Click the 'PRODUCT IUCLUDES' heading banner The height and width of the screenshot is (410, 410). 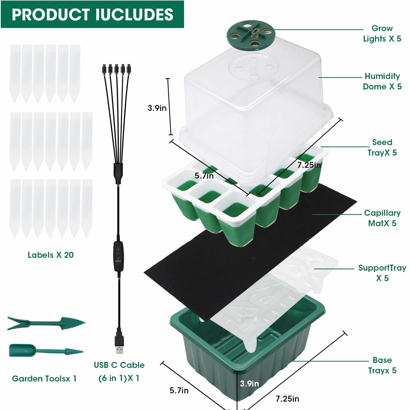click(x=92, y=14)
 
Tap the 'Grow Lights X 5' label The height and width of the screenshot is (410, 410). click(x=382, y=33)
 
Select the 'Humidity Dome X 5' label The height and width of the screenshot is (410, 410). click(x=382, y=81)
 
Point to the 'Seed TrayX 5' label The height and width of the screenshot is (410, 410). click(x=382, y=147)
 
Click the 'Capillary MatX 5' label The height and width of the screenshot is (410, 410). click(x=382, y=218)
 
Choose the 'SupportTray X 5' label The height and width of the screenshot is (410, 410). click(x=382, y=273)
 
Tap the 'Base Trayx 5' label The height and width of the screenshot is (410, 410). click(x=382, y=365)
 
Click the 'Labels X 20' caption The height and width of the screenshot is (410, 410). click(x=51, y=255)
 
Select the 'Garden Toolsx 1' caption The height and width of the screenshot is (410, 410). click(x=44, y=379)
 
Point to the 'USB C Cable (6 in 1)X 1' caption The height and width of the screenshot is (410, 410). click(x=119, y=372)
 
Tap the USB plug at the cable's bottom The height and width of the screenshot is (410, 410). click(x=119, y=341)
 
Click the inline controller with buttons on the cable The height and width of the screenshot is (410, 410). click(x=118, y=257)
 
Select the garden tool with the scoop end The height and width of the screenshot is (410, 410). click(x=46, y=351)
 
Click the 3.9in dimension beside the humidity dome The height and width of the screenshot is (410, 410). click(x=157, y=108)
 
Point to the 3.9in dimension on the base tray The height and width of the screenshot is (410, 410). click(x=249, y=384)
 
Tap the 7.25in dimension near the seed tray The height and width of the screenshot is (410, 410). click(x=309, y=165)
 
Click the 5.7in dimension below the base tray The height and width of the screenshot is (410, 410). click(x=179, y=390)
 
